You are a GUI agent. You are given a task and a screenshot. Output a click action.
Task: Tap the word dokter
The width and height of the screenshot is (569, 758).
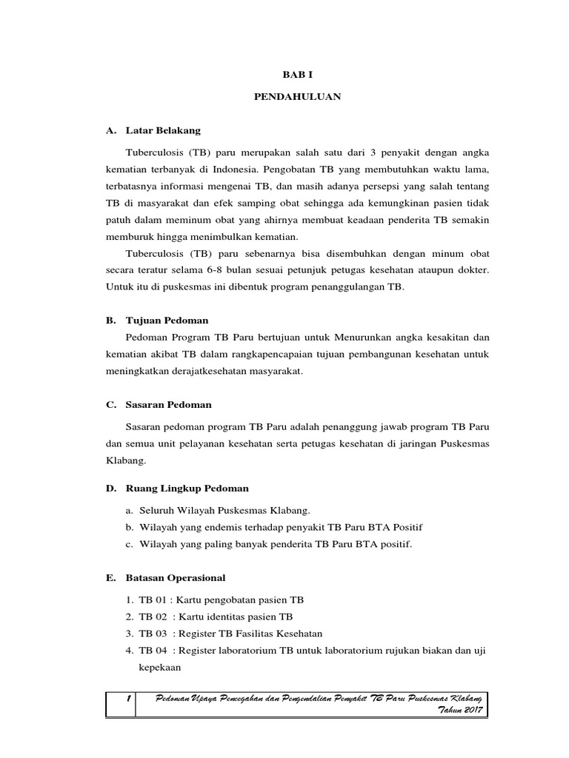pos(472,269)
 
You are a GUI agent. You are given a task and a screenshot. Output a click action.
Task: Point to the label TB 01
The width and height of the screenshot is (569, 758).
pos(153,599)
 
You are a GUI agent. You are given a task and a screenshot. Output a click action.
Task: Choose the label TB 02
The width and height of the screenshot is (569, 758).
pos(153,616)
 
